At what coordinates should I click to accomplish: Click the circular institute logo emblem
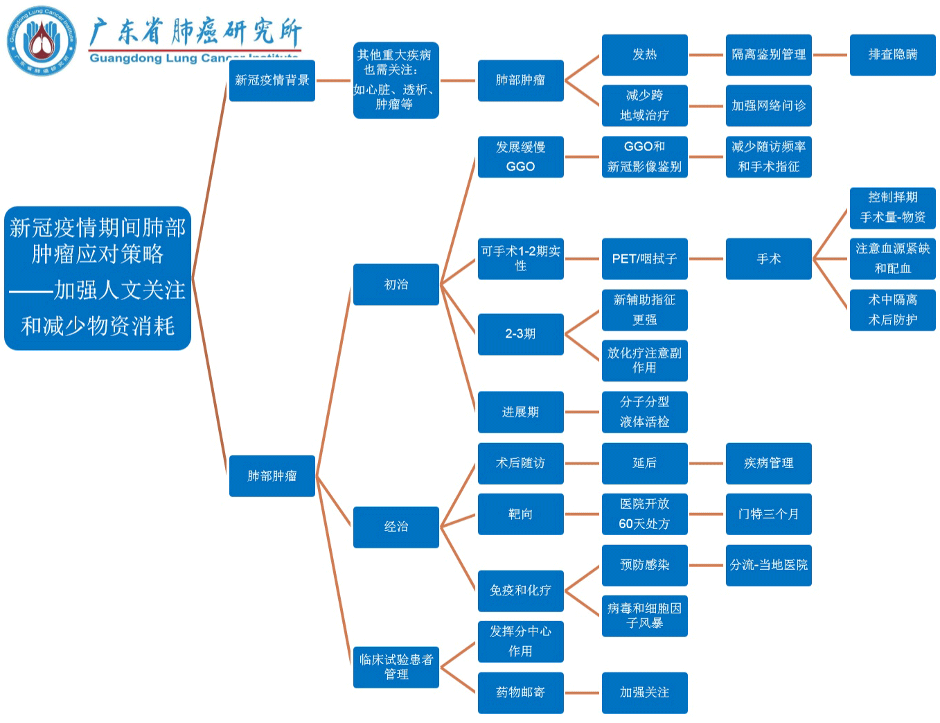coord(42,41)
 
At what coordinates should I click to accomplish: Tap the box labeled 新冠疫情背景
coord(272,80)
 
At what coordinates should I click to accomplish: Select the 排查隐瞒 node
coord(892,55)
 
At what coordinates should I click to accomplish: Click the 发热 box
coord(644,55)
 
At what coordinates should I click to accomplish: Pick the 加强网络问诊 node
coord(768,105)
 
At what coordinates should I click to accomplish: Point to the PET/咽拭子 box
coord(644,259)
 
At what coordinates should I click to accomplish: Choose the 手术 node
coord(768,259)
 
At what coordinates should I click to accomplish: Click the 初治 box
coord(396,284)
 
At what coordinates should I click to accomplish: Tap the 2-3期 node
coord(520,334)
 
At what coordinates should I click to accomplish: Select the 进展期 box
coord(520,412)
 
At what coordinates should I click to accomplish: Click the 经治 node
coord(396,527)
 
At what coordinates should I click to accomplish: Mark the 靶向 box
coord(520,514)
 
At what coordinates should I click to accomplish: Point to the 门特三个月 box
coord(768,514)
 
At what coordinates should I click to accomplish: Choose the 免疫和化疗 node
coord(520,591)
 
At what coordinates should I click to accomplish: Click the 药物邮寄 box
coord(520,692)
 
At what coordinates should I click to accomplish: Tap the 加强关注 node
coord(644,692)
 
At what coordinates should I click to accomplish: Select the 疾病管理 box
coord(768,463)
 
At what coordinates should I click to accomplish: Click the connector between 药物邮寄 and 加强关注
coord(583,692)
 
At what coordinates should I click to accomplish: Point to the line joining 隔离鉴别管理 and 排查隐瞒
coord(831,55)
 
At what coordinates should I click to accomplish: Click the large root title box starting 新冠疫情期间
coord(98,278)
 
